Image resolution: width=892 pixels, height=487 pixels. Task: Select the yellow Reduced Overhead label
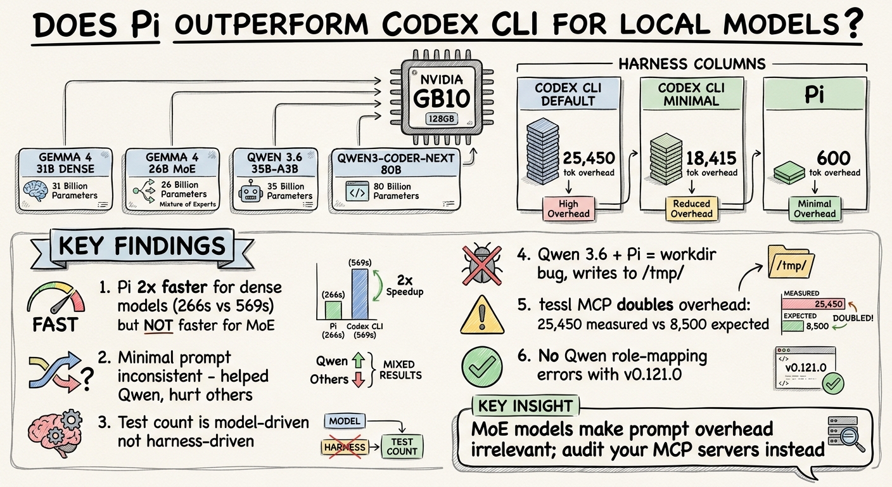[692, 209]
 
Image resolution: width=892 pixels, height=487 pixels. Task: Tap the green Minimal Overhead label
[815, 209]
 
